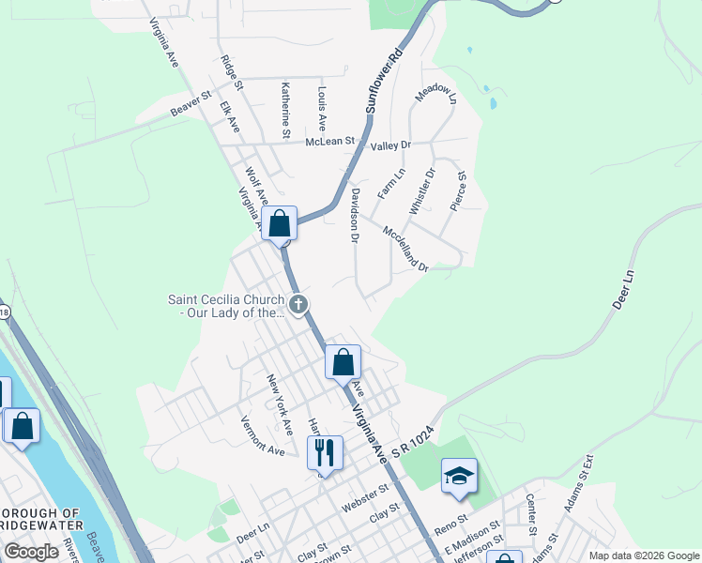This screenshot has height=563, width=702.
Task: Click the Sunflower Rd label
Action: (384, 79)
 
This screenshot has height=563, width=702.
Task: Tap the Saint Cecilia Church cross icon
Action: (298, 303)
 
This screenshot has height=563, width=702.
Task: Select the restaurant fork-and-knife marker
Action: (325, 452)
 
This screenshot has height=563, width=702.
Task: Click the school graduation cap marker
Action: (459, 475)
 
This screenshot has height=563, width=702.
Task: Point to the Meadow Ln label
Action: (435, 95)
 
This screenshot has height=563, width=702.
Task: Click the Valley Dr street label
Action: (390, 145)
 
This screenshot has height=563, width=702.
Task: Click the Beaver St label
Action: (192, 105)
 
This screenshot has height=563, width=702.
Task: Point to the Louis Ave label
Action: (321, 109)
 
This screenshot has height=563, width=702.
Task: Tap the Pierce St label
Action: (460, 190)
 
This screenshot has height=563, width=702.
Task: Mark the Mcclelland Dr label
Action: (405, 249)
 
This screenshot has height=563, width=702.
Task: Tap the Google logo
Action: (32, 552)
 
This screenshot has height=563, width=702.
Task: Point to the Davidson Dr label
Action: (355, 215)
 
